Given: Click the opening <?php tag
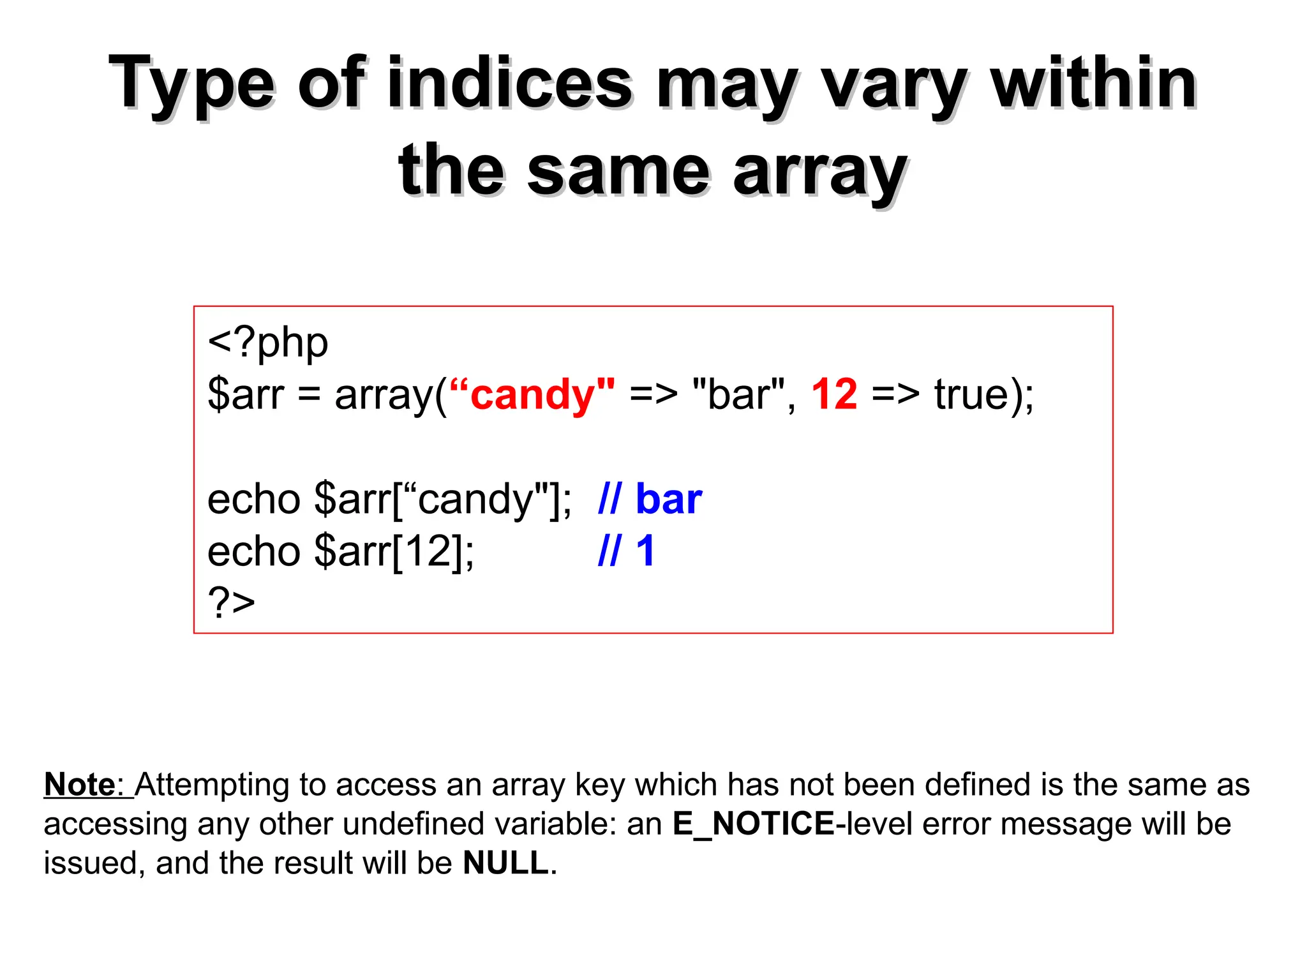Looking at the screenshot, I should pos(267,343).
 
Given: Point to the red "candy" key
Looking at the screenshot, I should pos(532,394).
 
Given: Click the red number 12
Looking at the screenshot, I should pos(834,394).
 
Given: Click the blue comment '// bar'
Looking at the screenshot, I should pos(650,499).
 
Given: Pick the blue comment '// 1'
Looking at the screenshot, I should pos(626,551).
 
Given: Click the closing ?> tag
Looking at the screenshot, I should pos(231,602).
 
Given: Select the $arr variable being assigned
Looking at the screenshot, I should pos(246,394).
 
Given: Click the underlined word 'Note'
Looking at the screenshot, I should pos(79,785).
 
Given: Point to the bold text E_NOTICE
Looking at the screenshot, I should pos(753,824).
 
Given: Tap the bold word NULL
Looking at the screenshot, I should pos(505,863).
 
